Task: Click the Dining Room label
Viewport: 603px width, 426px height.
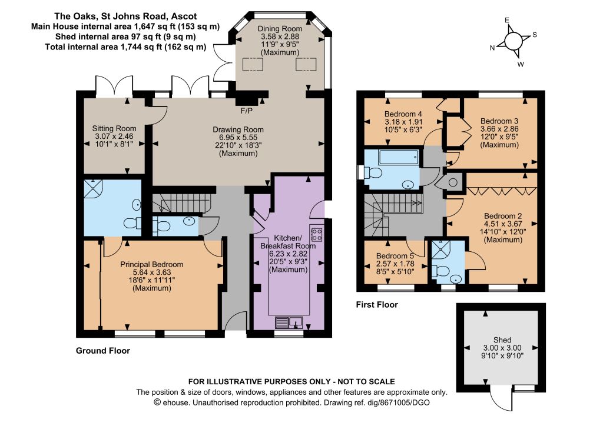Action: pos(280,28)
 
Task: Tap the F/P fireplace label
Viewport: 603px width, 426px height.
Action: pos(247,111)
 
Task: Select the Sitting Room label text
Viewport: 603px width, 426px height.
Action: pos(114,128)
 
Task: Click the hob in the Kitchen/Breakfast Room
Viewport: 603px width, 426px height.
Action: pos(316,234)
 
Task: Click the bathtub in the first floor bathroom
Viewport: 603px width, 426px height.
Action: pos(399,157)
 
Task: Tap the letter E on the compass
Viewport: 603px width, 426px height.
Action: pos(507,21)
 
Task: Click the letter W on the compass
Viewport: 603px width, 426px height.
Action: pos(521,64)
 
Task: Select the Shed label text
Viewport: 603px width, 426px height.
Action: pos(502,340)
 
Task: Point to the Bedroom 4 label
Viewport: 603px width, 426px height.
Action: pos(403,114)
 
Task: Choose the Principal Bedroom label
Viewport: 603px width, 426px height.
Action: pos(151,264)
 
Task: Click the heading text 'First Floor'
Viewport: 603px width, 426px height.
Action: pos(377,305)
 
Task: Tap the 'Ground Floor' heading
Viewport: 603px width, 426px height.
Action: pos(102,351)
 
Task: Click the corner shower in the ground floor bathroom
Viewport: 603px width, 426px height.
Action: pos(94,189)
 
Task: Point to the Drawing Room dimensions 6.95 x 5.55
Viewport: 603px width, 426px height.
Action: pos(238,138)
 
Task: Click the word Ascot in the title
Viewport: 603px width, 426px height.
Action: pos(184,16)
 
